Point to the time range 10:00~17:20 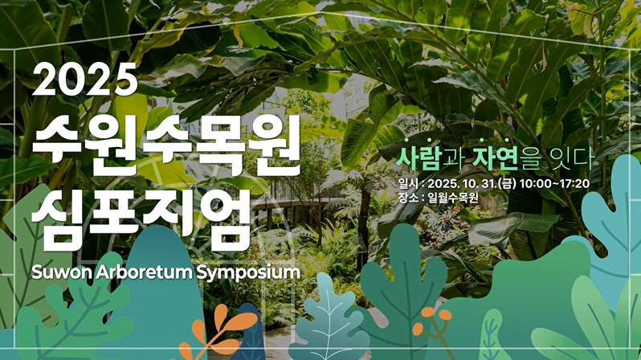pos(555,183)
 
